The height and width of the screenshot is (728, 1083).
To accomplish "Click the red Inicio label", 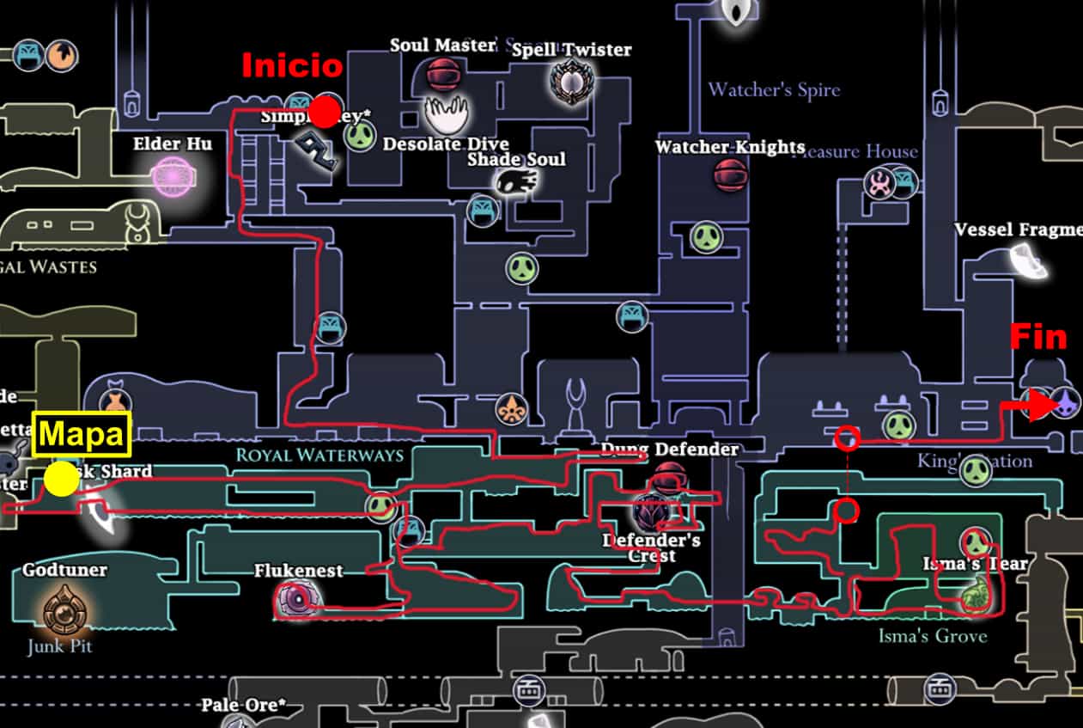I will tap(292, 66).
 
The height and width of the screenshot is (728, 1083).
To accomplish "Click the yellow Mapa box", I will tap(81, 434).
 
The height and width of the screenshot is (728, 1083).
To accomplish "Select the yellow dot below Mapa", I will tap(61, 480).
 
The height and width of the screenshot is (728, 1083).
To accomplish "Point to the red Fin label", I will tap(1038, 337).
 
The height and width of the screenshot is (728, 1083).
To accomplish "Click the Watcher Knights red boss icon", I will tap(729, 174).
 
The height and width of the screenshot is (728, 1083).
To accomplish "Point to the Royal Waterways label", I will tap(319, 455).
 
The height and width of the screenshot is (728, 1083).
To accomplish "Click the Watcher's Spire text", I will tap(774, 89).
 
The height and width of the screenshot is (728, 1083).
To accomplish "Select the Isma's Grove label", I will tap(932, 636).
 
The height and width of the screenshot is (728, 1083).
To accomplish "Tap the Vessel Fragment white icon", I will tap(1028, 260).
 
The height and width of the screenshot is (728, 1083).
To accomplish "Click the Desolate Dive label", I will tap(445, 144).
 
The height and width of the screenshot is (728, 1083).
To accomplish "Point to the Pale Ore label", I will tap(243, 706).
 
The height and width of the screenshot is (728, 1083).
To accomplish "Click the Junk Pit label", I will tap(59, 645).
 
